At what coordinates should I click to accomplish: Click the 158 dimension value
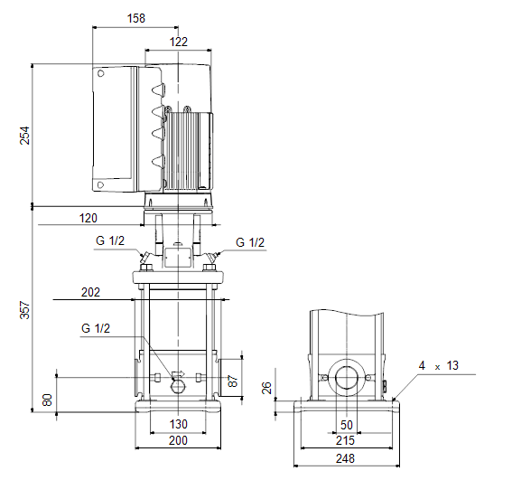[x=135, y=18]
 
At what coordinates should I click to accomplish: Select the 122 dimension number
[x=179, y=42]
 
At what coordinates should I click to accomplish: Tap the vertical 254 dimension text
[x=24, y=136]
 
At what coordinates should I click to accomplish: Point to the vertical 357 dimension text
[x=24, y=310]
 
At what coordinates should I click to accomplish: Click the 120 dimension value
[x=88, y=218]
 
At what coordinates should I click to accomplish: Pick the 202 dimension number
[x=90, y=292]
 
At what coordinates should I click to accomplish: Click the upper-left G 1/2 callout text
[x=110, y=240]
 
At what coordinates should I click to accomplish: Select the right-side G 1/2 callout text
[x=250, y=242]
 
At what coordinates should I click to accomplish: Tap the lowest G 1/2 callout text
[x=96, y=328]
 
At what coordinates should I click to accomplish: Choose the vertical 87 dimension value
[x=232, y=381]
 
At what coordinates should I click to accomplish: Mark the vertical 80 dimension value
[x=47, y=400]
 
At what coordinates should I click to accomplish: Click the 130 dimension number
[x=179, y=424]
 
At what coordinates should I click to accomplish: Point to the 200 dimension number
[x=178, y=440]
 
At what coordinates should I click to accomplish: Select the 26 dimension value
[x=266, y=388]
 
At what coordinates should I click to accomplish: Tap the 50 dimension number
[x=347, y=425]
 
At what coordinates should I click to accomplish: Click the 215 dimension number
[x=345, y=440]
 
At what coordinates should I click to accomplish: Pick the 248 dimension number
[x=345, y=458]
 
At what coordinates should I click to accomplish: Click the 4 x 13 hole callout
[x=439, y=365]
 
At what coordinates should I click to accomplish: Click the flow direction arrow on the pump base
[x=178, y=374]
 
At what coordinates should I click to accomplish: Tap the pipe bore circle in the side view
[x=346, y=378]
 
